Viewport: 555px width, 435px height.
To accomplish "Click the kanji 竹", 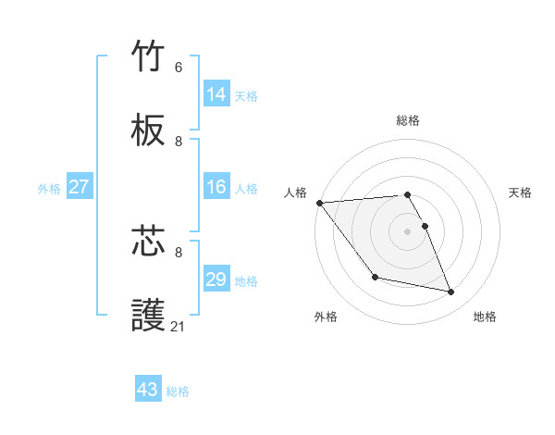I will [x=149, y=56].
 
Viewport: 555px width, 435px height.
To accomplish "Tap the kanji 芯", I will [x=149, y=242].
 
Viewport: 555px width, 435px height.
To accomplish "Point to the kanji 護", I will [x=149, y=316].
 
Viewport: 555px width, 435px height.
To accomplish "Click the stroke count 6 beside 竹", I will [x=179, y=68].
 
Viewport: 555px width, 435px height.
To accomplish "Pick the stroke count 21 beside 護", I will [x=179, y=326].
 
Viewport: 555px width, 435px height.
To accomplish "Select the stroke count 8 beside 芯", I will [x=179, y=252].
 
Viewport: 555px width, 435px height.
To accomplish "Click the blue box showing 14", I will [x=216, y=93].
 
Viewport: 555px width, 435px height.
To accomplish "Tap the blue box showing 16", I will [x=216, y=187].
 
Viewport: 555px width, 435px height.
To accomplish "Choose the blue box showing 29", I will [x=216, y=280].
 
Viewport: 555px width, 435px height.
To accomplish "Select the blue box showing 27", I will [x=80, y=187].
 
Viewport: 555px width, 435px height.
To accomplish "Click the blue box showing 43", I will [x=148, y=390].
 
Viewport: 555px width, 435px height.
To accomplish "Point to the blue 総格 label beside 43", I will [x=178, y=391].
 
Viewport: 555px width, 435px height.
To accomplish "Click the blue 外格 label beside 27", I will [x=49, y=188].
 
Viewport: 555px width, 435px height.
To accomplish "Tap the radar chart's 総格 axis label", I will [x=408, y=120].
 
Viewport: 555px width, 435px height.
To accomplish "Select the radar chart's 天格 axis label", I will [x=520, y=193].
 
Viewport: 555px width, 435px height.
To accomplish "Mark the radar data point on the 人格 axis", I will [x=319, y=203].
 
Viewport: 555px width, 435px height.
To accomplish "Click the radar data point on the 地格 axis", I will [x=451, y=292].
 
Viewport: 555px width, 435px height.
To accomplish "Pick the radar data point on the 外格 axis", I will [x=375, y=277].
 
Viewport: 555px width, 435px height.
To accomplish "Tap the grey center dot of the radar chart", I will [x=408, y=231].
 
